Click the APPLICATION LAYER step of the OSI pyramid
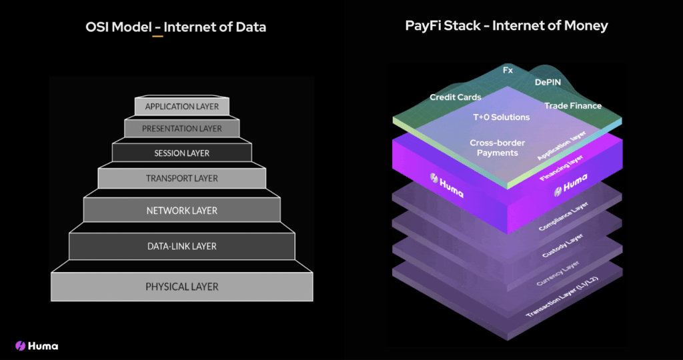(181, 107)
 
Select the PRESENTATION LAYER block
(181, 128)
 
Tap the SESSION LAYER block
(181, 153)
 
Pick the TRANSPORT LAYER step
(181, 179)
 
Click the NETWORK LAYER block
(181, 211)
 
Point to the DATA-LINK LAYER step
(181, 247)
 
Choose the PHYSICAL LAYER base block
(181, 287)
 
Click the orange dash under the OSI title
(157, 36)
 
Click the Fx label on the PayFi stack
(508, 69)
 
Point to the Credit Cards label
(456, 97)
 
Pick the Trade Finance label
(573, 106)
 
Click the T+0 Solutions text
(501, 117)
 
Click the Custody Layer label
(558, 245)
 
